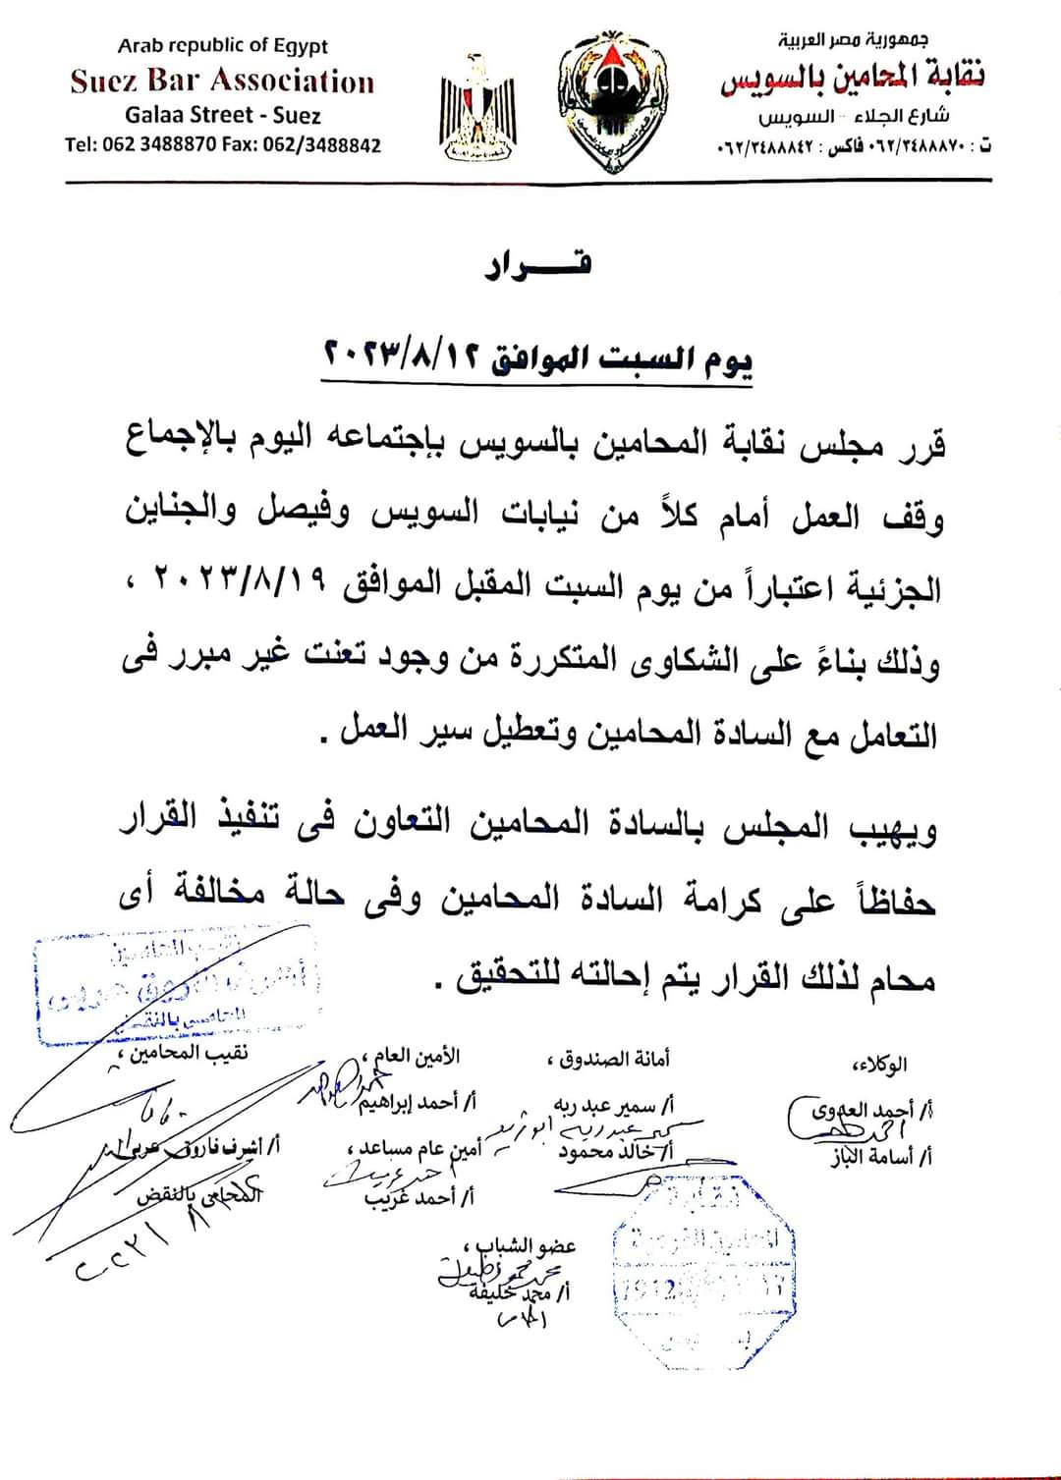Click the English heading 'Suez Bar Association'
coord(222,82)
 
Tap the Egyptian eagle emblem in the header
coord(478,108)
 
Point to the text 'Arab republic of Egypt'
coord(222,45)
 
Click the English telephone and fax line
coord(223,144)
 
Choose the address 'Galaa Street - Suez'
coord(223,114)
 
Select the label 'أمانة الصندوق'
coord(608,1060)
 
